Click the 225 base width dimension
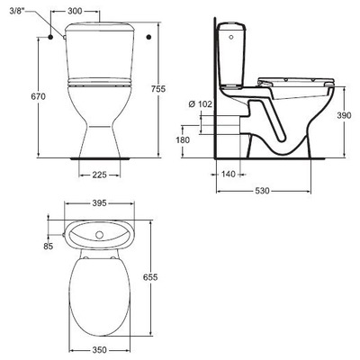point(100,175)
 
